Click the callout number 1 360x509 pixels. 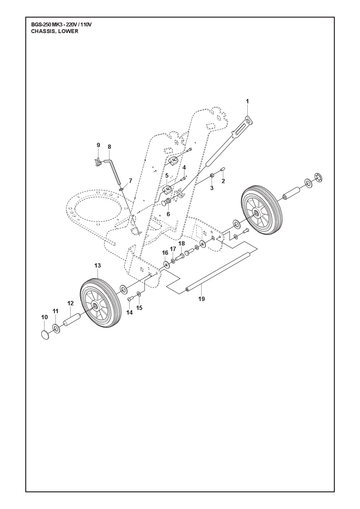point(247,101)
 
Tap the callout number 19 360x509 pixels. point(201,298)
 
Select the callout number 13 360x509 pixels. point(97,266)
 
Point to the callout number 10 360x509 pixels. point(45,317)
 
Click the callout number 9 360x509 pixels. point(98,145)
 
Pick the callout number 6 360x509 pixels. point(168,214)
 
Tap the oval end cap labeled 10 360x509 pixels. point(45,334)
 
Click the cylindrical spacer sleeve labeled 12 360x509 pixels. point(72,320)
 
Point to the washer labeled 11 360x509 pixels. point(56,329)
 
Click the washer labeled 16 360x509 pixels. point(165,265)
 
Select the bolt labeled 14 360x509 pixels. point(130,299)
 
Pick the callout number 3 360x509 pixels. point(211,188)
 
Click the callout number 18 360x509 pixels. point(181,244)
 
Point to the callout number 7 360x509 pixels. point(130,180)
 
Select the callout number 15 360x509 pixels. point(139,308)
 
